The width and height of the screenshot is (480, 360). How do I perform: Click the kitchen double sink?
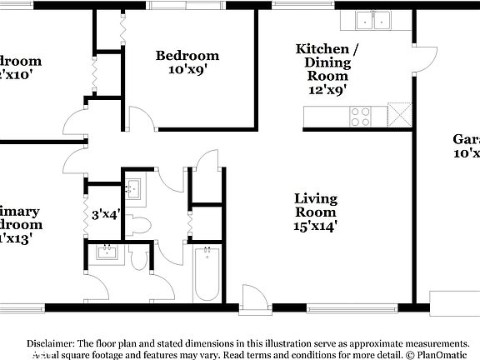372,21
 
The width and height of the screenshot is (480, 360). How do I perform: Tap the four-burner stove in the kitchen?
360,116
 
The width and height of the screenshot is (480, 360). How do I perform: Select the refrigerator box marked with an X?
399,116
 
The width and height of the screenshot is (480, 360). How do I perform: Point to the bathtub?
205,274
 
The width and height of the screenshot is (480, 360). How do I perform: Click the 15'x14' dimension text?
316,225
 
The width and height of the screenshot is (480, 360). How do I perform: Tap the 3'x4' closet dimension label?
106,214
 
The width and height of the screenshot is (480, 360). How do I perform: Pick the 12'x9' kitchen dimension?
327,88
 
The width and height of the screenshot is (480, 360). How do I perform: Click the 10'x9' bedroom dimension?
187,71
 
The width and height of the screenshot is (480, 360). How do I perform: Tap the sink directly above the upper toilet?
135,188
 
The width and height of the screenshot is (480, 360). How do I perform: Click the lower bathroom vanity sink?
107,252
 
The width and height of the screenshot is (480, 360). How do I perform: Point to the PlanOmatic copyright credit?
441,354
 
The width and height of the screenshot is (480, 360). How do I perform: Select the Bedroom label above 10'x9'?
187,56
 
